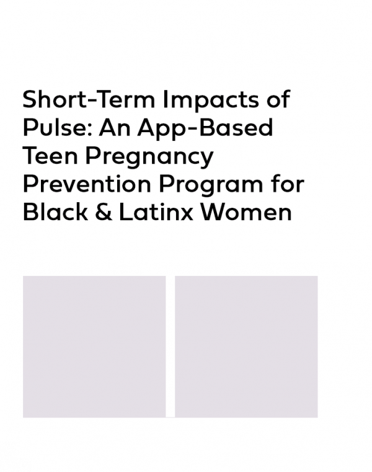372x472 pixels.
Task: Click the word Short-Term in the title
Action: pyautogui.click(x=89, y=99)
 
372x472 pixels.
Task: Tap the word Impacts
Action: pyautogui.click(x=210, y=101)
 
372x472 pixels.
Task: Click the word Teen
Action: pyautogui.click(x=50, y=156)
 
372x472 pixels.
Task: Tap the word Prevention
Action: pyautogui.click(x=87, y=184)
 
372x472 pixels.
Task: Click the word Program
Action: pyautogui.click(x=211, y=185)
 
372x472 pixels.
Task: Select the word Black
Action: pyautogui.click(x=55, y=212)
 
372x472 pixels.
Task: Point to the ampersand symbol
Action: pyautogui.click(x=104, y=212)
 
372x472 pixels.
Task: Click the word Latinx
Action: pyautogui.click(x=156, y=212)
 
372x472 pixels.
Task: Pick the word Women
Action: pyautogui.click(x=246, y=212)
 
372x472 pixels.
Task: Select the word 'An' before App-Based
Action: pyautogui.click(x=115, y=128)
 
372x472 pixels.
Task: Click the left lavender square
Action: pyautogui.click(x=94, y=347)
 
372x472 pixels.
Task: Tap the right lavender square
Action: pyautogui.click(x=246, y=347)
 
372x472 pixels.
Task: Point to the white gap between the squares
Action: pyautogui.click(x=170, y=347)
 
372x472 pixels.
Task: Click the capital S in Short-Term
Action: pyautogui.click(x=31, y=99)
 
